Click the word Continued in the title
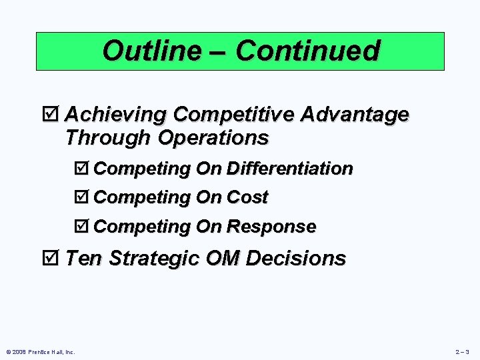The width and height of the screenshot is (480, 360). [307, 51]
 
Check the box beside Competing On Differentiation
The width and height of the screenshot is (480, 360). [84, 169]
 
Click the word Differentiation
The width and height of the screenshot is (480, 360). [289, 169]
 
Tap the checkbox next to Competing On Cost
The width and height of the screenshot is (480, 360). [84, 197]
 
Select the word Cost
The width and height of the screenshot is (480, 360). [247, 197]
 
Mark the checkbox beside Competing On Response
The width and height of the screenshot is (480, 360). [84, 227]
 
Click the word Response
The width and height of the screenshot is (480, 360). [271, 227]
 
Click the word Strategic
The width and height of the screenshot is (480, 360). [153, 258]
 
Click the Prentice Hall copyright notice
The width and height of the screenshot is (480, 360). [41, 351]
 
